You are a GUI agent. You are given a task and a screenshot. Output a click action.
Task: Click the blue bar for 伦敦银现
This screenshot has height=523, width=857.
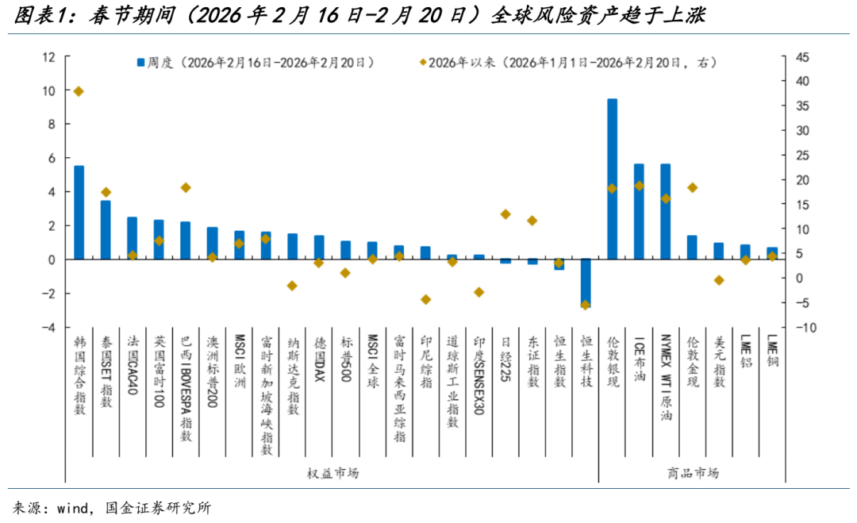(612, 179)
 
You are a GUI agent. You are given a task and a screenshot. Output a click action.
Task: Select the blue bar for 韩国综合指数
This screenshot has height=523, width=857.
(79, 213)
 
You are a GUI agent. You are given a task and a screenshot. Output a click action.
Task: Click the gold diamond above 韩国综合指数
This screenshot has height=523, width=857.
(79, 91)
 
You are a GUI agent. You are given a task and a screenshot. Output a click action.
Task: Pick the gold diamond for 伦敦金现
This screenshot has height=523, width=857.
(692, 187)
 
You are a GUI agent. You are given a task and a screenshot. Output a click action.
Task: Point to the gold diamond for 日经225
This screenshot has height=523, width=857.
(505, 214)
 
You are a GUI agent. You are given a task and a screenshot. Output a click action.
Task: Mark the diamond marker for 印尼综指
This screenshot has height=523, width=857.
(425, 299)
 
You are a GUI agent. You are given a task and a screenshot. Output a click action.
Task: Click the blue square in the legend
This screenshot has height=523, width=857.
(140, 62)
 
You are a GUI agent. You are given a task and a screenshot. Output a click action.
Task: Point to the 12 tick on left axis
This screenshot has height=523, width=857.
(49, 57)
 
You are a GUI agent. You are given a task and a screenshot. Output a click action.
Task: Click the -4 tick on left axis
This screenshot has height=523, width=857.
(49, 327)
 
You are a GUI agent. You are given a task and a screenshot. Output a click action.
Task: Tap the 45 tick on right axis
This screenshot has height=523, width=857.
(804, 57)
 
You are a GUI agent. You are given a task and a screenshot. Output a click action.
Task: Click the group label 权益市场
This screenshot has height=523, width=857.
(332, 473)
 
